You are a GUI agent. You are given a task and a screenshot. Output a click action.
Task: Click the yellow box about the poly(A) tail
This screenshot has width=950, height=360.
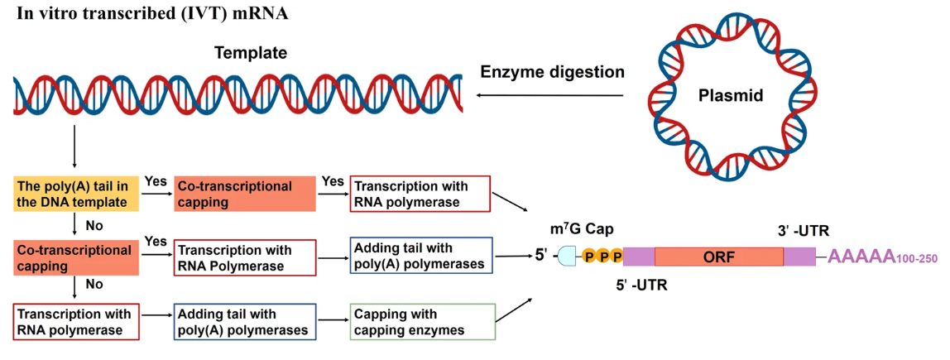click(x=76, y=194)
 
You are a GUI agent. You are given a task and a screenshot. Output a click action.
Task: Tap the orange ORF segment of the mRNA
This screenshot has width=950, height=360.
click(x=718, y=257)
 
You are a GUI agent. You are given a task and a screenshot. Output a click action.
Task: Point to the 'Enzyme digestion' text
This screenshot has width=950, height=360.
click(x=552, y=72)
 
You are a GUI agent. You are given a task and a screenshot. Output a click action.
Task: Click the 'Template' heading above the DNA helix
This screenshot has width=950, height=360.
click(x=250, y=53)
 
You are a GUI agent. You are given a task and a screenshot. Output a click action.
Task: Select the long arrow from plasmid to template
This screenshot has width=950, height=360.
click(x=549, y=95)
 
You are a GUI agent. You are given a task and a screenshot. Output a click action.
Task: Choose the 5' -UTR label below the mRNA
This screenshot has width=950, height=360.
click(x=641, y=284)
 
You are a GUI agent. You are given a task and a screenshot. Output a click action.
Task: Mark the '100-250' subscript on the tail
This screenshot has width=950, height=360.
click(x=917, y=259)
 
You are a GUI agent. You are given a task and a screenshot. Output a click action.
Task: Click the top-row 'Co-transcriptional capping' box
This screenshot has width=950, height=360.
click(x=245, y=194)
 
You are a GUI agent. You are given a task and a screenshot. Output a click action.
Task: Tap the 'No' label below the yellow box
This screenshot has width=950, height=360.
click(x=94, y=226)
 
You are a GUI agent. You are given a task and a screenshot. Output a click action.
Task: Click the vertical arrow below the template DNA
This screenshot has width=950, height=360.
click(x=74, y=146)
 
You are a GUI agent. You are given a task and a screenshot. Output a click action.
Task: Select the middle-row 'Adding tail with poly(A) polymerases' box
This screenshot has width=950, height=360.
click(x=422, y=257)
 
